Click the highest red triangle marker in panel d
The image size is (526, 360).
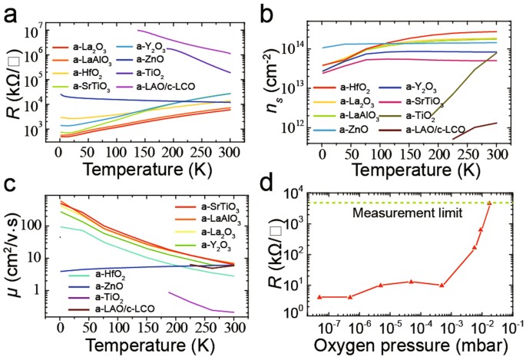point(489,203)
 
